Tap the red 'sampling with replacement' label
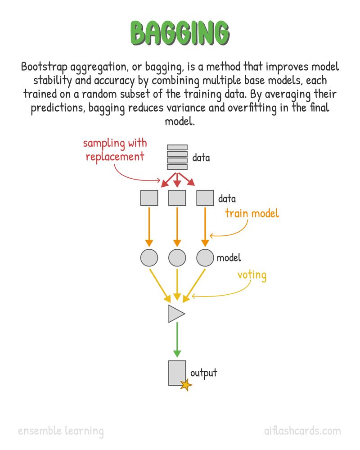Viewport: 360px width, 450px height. click(115, 150)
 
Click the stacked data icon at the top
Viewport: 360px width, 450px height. click(177, 157)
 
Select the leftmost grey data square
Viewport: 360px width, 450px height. click(149, 198)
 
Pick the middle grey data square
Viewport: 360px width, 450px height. click(177, 198)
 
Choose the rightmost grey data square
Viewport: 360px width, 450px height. click(205, 198)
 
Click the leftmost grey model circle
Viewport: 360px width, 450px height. click(149, 257)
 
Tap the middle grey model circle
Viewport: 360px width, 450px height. click(177, 257)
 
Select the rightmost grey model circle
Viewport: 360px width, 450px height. click(205, 257)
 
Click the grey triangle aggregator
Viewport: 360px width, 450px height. click(175, 314)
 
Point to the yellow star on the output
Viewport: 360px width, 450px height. click(186, 385)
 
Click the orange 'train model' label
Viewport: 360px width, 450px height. click(252, 213)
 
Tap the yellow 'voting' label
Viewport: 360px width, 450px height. click(252, 275)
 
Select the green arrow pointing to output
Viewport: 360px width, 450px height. click(177, 340)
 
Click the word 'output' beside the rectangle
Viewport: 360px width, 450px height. click(204, 373)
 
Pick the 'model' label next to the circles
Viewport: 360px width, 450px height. click(229, 258)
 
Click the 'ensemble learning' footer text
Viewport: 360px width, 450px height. click(61, 432)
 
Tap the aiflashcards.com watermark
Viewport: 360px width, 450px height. click(302, 431)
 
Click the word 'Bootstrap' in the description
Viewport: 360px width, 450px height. click(44, 67)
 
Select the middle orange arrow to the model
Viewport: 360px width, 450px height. click(177, 227)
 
